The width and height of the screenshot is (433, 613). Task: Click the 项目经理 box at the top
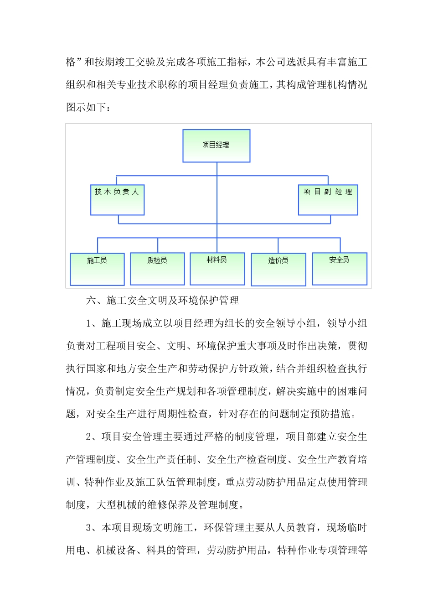pyautogui.click(x=216, y=146)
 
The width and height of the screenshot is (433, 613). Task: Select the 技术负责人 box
pyautogui.click(x=117, y=200)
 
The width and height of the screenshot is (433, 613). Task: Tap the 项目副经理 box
pyautogui.click(x=328, y=200)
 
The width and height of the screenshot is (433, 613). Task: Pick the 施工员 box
pyautogui.click(x=97, y=269)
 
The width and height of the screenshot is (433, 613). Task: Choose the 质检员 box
pyautogui.click(x=157, y=269)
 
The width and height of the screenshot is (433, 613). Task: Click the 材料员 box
pyautogui.click(x=217, y=269)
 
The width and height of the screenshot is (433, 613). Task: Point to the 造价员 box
pyautogui.click(x=278, y=270)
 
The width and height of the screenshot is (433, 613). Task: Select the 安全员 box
pyautogui.click(x=340, y=269)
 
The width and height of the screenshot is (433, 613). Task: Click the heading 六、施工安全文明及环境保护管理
pyautogui.click(x=163, y=301)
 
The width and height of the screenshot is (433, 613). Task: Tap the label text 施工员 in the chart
pyautogui.click(x=97, y=260)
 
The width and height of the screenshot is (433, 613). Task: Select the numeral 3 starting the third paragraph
pyautogui.click(x=89, y=528)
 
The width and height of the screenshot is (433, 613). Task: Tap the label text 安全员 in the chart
pyautogui.click(x=339, y=260)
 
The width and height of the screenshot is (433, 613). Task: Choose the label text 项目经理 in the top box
pyautogui.click(x=216, y=145)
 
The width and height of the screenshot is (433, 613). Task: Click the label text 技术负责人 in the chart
pyautogui.click(x=117, y=192)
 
